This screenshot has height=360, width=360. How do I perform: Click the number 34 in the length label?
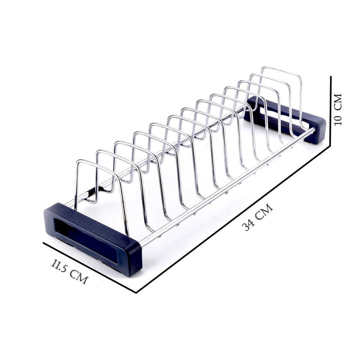pos(249,224)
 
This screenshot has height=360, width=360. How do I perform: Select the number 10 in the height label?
pos(338,118)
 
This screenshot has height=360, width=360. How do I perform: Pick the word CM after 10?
pos(338,101)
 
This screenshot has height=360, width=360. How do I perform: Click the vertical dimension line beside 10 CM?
pos(332,112)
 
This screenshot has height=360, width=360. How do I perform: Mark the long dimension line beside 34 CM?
pos(234,219)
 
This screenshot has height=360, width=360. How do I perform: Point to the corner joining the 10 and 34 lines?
pos(331,147)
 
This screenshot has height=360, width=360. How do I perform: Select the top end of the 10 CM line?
pos(332,77)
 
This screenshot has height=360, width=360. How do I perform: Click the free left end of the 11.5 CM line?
pos(44,243)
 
